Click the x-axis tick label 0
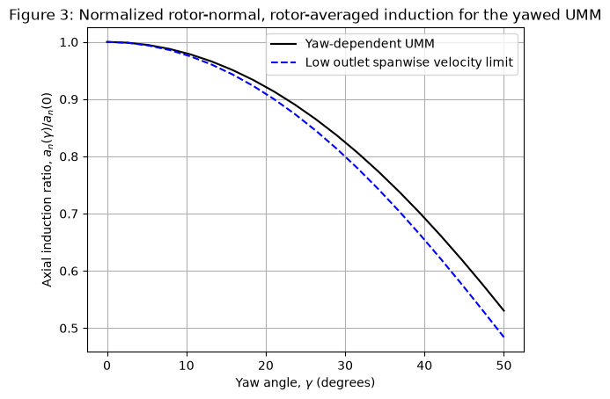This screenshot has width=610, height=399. coord(107,366)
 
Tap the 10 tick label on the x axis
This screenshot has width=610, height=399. coord(187,366)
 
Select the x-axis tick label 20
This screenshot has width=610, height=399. coord(266,366)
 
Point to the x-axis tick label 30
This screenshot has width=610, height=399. coord(345,366)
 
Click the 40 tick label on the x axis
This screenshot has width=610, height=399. coord(424,366)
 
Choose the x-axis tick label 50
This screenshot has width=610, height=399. coord(503,366)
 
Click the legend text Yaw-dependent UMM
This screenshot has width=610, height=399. coord(370,44)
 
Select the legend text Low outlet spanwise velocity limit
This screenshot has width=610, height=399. coord(409,62)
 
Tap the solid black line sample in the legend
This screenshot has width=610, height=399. coord(283,44)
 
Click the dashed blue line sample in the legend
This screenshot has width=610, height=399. coord(283,62)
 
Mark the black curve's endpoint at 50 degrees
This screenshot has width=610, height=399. coord(503,311)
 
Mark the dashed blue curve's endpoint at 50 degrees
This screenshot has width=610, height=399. coord(503,337)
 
